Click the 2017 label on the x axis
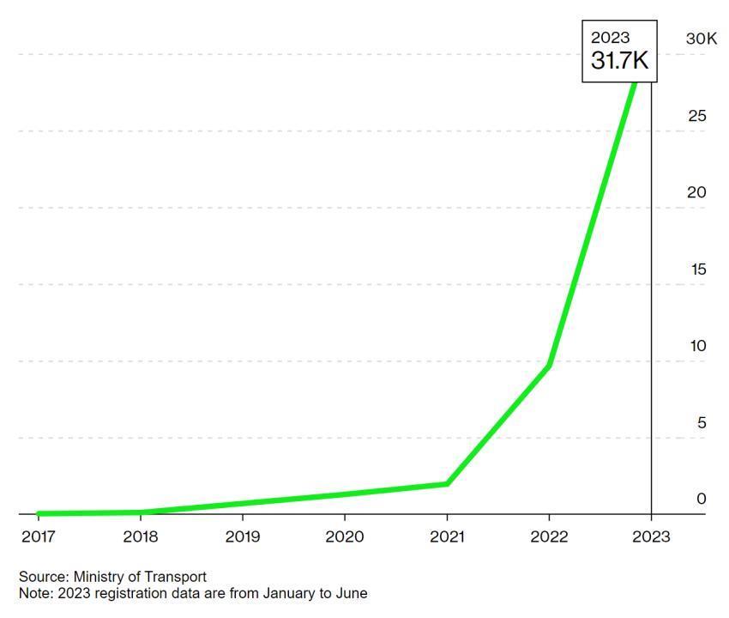[x=38, y=536]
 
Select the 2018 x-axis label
[x=141, y=536]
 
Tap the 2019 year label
[x=243, y=536]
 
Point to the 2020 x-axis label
[x=345, y=536]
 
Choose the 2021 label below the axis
[x=447, y=536]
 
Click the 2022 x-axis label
[x=549, y=536]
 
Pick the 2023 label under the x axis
[x=651, y=536]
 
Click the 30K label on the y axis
[x=702, y=39]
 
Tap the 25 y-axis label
[x=697, y=116]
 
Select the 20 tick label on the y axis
[x=696, y=192]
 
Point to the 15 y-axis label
[x=698, y=270]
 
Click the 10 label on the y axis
[x=698, y=346]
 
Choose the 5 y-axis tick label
[x=702, y=422]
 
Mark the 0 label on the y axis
[x=701, y=499]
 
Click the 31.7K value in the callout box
[x=619, y=60]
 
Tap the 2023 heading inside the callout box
[x=610, y=38]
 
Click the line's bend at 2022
[x=549, y=367]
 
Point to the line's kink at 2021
[x=447, y=484]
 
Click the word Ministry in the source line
[x=98, y=577]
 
